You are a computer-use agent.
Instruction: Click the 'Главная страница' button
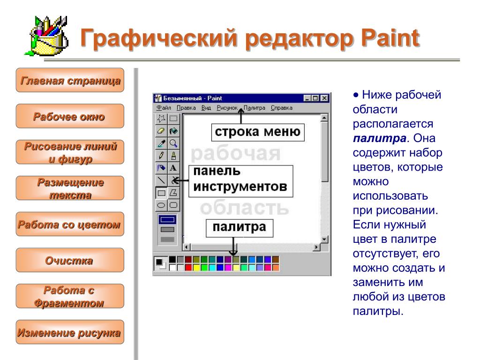coord(70,80)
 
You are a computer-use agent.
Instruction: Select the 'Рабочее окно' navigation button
coord(70,116)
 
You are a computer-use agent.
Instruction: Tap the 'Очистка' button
coord(70,260)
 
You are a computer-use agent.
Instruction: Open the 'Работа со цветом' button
coord(70,224)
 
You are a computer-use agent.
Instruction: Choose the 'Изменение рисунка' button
coord(70,332)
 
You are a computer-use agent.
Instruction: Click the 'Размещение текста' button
coord(70,188)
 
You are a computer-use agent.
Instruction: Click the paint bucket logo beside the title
coord(46,36)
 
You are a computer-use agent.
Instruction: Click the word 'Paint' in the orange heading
coord(390,38)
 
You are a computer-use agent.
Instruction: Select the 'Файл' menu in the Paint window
coord(164,108)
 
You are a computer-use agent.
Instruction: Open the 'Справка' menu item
coord(282,108)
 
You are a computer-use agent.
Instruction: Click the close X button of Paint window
coord(324,98)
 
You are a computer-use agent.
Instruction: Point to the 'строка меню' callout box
coord(258,132)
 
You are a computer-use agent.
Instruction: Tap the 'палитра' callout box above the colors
coord(240,228)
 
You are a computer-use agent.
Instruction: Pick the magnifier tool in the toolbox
coord(173,143)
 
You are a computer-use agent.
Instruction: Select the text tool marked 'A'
coord(173,168)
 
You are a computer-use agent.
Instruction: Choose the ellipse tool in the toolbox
coord(161,205)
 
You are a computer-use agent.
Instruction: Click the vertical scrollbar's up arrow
coord(324,118)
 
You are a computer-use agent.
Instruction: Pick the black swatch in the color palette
coord(172,260)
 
